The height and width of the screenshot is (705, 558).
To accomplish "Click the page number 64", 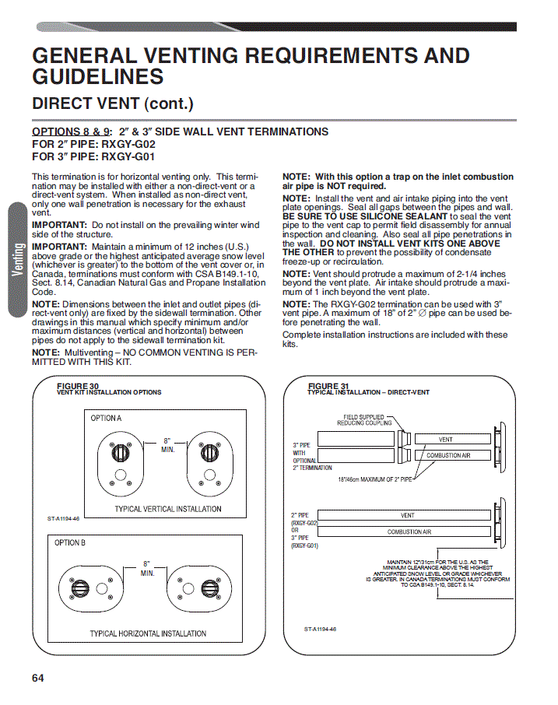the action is pyautogui.click(x=38, y=678).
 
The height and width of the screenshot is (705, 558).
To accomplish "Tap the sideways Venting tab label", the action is pyautogui.click(x=18, y=259).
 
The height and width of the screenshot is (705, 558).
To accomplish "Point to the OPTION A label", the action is pyautogui.click(x=106, y=418).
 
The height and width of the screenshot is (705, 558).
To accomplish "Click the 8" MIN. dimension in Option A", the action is pyautogui.click(x=168, y=445).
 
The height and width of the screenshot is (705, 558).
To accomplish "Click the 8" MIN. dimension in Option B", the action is pyautogui.click(x=147, y=568).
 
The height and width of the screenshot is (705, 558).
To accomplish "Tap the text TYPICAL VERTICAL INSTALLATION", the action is pyautogui.click(x=168, y=509).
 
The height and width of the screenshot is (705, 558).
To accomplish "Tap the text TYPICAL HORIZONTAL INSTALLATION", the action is pyautogui.click(x=148, y=633).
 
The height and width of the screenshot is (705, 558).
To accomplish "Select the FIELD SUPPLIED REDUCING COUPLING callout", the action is pyautogui.click(x=364, y=420).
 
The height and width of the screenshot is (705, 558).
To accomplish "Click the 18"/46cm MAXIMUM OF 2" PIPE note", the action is pyautogui.click(x=375, y=479).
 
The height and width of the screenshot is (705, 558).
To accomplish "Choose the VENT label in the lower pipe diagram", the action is pyautogui.click(x=407, y=515).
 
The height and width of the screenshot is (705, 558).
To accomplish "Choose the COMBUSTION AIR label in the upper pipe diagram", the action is pyautogui.click(x=448, y=455).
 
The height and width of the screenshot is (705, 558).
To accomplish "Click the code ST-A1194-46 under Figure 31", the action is pyautogui.click(x=320, y=629).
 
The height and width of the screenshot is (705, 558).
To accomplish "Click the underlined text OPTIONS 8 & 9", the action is pyautogui.click(x=71, y=132).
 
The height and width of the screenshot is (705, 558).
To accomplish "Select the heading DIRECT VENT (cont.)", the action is pyautogui.click(x=113, y=103).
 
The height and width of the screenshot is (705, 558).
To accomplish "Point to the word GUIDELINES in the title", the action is pyautogui.click(x=98, y=76).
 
